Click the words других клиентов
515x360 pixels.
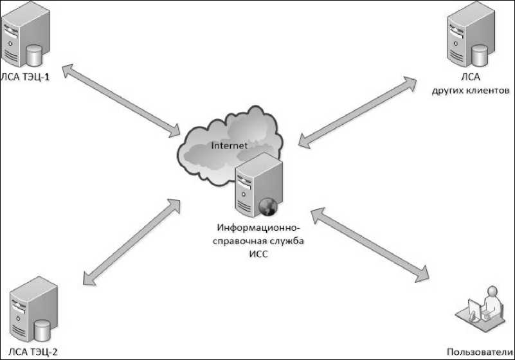point(471,91)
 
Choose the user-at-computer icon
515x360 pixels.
point(482,309)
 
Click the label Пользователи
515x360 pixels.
point(480,352)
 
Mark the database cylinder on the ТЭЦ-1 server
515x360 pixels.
point(33,54)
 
